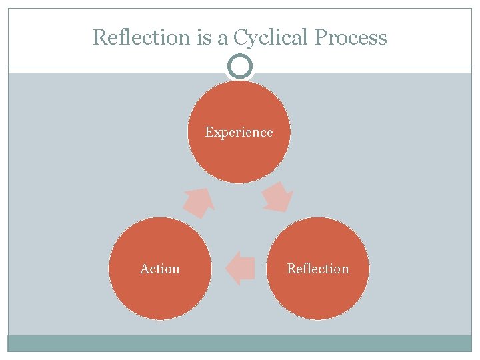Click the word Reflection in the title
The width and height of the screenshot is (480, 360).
tap(142, 37)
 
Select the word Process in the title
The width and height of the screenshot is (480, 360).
tap(351, 37)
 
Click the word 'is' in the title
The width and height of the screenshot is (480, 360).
tap(203, 37)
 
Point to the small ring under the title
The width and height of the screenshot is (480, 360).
tap(240, 67)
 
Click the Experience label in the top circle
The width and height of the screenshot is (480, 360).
tap(239, 132)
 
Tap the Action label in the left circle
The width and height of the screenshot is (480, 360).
tap(159, 269)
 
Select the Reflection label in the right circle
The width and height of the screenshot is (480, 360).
tap(317, 269)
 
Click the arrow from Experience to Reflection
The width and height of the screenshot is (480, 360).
tap(277, 197)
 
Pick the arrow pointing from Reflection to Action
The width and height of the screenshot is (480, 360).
tap(239, 268)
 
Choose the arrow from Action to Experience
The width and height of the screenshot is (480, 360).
tap(198, 201)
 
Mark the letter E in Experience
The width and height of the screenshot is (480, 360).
tap(209, 132)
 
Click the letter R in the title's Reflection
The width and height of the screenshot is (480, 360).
tap(99, 37)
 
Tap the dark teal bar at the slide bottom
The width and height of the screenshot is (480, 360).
tap(240, 343)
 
